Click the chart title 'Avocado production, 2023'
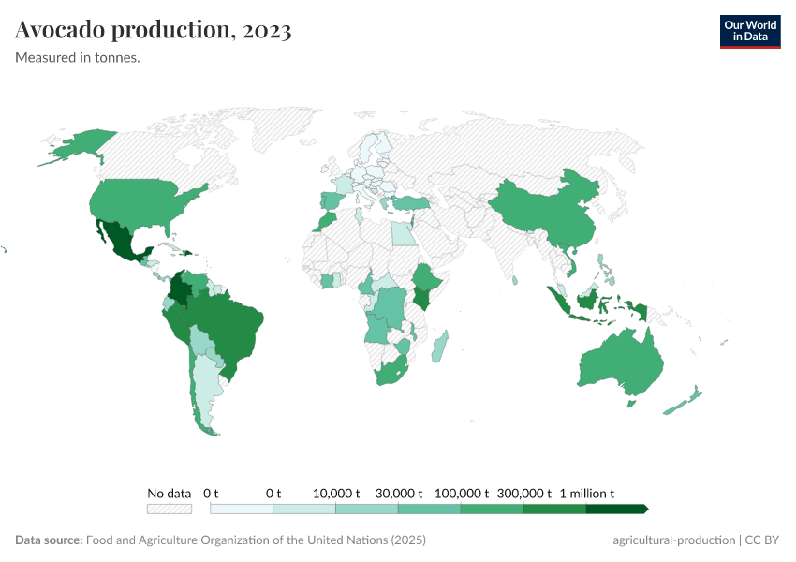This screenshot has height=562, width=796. pyautogui.click(x=154, y=30)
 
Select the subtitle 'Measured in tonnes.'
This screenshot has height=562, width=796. pyautogui.click(x=78, y=58)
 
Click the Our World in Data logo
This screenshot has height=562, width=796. pyautogui.click(x=749, y=31)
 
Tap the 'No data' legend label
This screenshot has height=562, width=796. pyautogui.click(x=169, y=493)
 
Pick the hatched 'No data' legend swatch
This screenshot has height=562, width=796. pyautogui.click(x=169, y=509)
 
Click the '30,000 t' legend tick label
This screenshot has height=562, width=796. pyautogui.click(x=399, y=493)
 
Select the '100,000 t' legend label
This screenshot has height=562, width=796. pyautogui.click(x=462, y=493)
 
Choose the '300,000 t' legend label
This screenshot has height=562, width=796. pyautogui.click(x=524, y=493)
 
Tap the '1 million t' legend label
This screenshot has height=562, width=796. pyautogui.click(x=587, y=493)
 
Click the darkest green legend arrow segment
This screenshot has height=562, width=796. pyautogui.click(x=616, y=509)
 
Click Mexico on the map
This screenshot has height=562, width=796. pyautogui.click(x=120, y=242)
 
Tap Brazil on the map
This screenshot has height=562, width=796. pyautogui.click(x=229, y=328)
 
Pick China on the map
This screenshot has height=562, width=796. pyautogui.click(x=543, y=211)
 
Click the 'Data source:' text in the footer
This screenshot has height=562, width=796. pyautogui.click(x=49, y=540)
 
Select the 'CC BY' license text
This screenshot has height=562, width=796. pyautogui.click(x=763, y=540)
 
